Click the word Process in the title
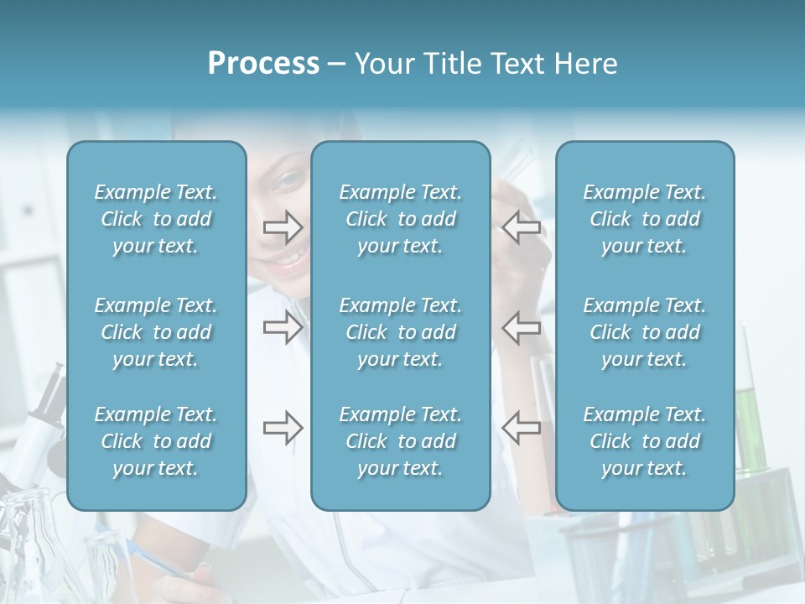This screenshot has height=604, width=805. [263, 64]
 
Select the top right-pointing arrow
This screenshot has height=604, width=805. [283, 226]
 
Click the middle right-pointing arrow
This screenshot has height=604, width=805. [283, 328]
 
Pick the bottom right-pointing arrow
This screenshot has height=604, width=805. [283, 428]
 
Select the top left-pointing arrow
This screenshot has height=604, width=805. [522, 226]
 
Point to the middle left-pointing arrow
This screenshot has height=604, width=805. [522, 328]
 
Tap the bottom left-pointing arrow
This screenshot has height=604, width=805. [522, 428]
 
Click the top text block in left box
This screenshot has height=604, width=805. [156, 219]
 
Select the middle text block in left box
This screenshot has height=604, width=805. [156, 332]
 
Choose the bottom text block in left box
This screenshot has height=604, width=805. [156, 441]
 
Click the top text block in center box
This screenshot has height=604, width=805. [401, 219]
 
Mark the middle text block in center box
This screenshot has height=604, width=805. [401, 332]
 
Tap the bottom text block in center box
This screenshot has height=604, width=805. [401, 441]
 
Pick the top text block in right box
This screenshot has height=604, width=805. [645, 219]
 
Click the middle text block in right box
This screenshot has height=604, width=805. [645, 332]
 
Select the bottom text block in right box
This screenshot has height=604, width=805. [645, 441]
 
